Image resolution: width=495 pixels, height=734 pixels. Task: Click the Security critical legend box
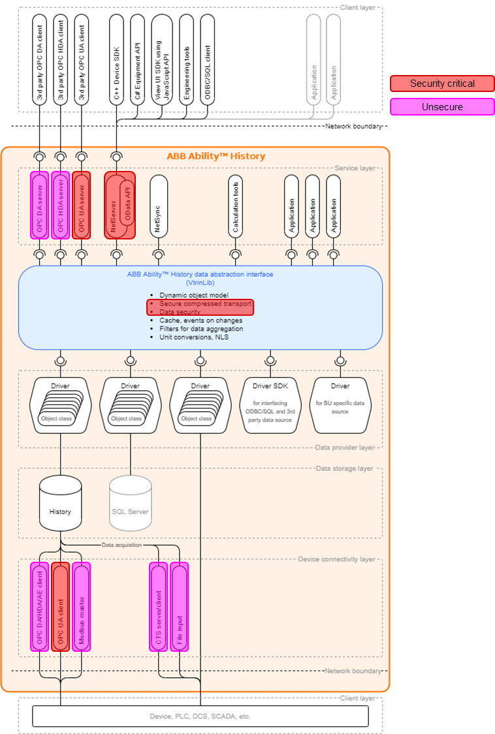tap(442, 84)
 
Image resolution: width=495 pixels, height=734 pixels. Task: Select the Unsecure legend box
tap(442, 107)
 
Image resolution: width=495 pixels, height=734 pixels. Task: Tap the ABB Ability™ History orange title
tap(216, 156)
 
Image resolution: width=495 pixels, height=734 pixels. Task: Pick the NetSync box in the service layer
tap(157, 206)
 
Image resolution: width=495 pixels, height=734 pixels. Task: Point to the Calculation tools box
tap(236, 206)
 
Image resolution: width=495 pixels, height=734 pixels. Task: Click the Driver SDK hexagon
tap(270, 405)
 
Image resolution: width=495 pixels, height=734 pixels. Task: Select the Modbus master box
tap(82, 598)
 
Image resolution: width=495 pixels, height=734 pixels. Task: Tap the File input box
tap(179, 598)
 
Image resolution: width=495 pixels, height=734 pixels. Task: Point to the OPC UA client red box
tap(60, 598)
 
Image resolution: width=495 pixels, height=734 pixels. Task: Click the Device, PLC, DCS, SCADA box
tap(200, 716)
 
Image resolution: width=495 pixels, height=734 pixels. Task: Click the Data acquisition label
tap(121, 544)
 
